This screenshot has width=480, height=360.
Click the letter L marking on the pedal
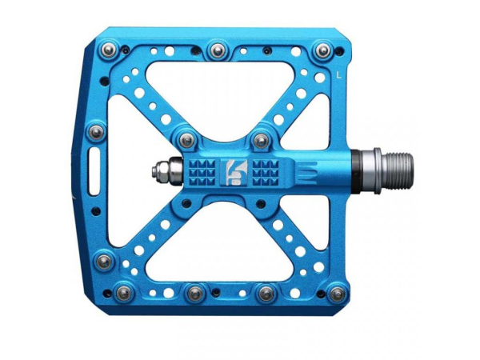tap(341, 76)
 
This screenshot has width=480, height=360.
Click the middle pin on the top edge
tap(216, 50)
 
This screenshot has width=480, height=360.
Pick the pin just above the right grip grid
tap(260, 141)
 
